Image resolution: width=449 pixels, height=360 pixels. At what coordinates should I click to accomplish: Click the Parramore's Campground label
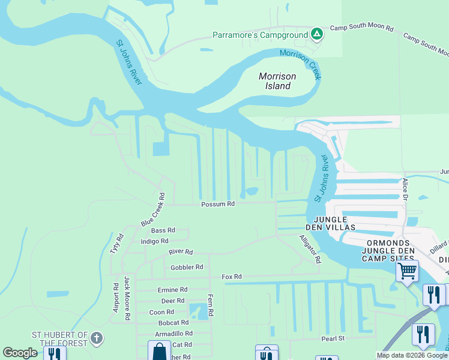(x=260, y=35)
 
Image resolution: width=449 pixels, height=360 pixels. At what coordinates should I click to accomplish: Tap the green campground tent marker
(x=317, y=34)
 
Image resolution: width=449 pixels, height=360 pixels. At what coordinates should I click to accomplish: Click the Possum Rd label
(x=217, y=204)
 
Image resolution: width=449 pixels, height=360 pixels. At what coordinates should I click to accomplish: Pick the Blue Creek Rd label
(x=153, y=209)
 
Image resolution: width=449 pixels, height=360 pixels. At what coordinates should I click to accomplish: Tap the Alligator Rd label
(x=310, y=249)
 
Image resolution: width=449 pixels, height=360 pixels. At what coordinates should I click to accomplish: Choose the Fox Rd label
(x=231, y=277)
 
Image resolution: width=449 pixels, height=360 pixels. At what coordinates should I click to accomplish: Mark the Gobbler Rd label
(x=187, y=267)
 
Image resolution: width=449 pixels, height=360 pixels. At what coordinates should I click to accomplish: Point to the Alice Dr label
(x=406, y=188)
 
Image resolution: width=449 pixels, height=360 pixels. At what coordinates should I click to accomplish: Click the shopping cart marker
(x=407, y=271)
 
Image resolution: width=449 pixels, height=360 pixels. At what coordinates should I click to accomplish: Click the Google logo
(x=20, y=353)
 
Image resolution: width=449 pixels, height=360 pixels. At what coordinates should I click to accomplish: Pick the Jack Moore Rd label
(x=127, y=298)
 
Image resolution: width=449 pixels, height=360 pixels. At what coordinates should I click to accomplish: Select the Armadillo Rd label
(x=173, y=333)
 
